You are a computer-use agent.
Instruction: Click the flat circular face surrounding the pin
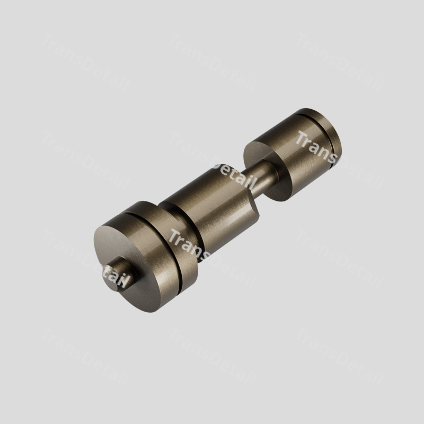click(x=127, y=260)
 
